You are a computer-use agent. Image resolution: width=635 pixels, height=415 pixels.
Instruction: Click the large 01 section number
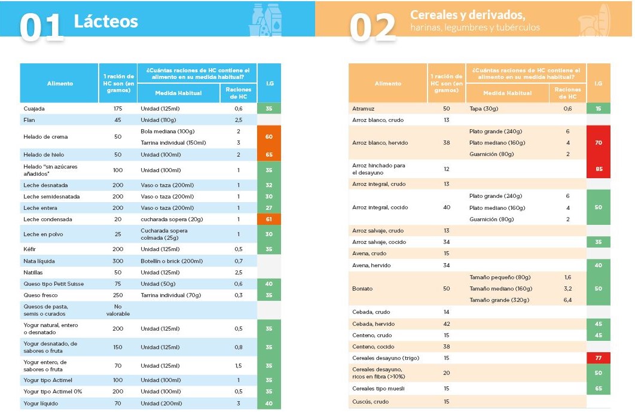pyautogui.click(x=42, y=27)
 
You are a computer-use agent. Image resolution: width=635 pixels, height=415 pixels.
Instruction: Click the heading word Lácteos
pyautogui.click(x=106, y=22)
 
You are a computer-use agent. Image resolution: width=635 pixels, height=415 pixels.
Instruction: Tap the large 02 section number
pyautogui.click(x=372, y=28)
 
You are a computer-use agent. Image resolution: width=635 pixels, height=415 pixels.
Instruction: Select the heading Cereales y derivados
pyautogui.click(x=468, y=15)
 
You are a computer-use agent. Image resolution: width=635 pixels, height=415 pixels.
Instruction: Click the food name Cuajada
pyautogui.click(x=34, y=109)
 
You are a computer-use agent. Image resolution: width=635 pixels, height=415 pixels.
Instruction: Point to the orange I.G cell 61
pyautogui.click(x=269, y=219)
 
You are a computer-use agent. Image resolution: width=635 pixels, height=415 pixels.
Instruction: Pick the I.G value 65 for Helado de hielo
pyautogui.click(x=269, y=155)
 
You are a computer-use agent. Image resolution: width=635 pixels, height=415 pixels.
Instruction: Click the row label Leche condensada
pyautogui.click(x=44, y=219)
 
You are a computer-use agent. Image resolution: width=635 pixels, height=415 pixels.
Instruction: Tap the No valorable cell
pyautogui.click(x=118, y=310)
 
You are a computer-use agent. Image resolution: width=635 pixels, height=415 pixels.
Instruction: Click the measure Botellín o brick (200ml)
pyautogui.click(x=172, y=261)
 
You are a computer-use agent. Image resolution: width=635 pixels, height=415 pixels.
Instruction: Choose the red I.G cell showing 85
pyautogui.click(x=599, y=169)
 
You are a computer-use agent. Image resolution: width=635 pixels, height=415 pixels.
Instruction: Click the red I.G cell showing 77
pyautogui.click(x=599, y=358)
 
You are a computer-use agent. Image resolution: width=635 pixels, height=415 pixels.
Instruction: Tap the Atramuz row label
pyautogui.click(x=363, y=109)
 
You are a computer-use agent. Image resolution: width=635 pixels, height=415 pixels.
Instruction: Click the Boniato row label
pyautogui.click(x=362, y=289)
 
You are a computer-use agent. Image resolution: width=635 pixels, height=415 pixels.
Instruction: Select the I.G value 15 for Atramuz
pyautogui.click(x=599, y=109)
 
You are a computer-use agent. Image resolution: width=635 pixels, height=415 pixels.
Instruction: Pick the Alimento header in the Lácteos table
pyautogui.click(x=60, y=84)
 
